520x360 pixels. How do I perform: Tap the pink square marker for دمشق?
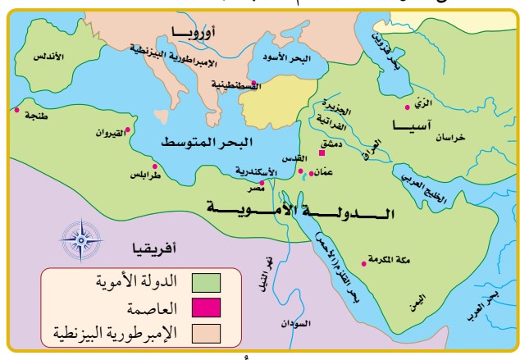[322, 153]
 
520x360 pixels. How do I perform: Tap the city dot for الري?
[408, 107]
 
